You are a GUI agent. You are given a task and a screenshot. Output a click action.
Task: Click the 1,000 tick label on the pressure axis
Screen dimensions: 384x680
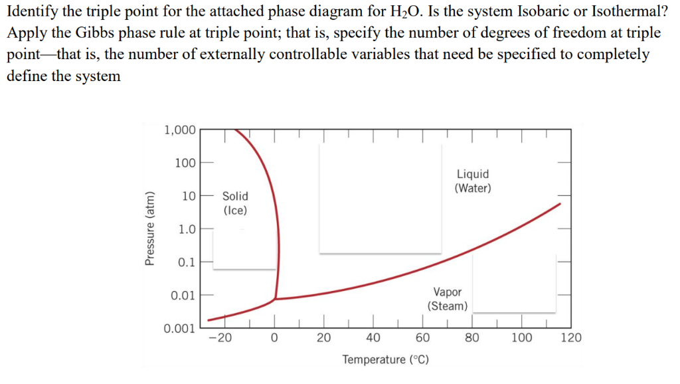pos(179,130)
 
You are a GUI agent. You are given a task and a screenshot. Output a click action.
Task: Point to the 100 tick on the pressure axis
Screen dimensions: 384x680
pos(185,163)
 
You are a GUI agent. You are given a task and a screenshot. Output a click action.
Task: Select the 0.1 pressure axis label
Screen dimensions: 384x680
pos(187,262)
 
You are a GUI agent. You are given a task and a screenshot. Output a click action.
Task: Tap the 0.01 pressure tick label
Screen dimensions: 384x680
pos(183,294)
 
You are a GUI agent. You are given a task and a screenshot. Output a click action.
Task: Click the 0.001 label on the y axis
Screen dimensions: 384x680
pos(179,328)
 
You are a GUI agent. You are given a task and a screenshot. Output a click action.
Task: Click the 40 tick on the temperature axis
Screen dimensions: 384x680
pos(373,337)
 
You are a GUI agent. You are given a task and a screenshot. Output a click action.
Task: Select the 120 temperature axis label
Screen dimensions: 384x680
pos(571,337)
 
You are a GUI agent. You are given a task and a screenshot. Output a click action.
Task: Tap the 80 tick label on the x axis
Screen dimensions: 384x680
pos(471,337)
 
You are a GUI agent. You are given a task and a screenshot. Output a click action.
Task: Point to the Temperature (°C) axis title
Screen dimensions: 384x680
pos(385,359)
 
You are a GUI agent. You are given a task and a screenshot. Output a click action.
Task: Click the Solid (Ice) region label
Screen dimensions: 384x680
pos(235,203)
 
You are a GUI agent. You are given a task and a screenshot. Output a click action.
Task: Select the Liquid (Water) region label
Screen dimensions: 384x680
pos(473,181)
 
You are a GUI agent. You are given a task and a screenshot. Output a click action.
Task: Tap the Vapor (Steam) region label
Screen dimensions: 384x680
pos(448,299)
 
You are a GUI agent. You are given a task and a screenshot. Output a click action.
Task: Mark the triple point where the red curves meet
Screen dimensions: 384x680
pos(275,299)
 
